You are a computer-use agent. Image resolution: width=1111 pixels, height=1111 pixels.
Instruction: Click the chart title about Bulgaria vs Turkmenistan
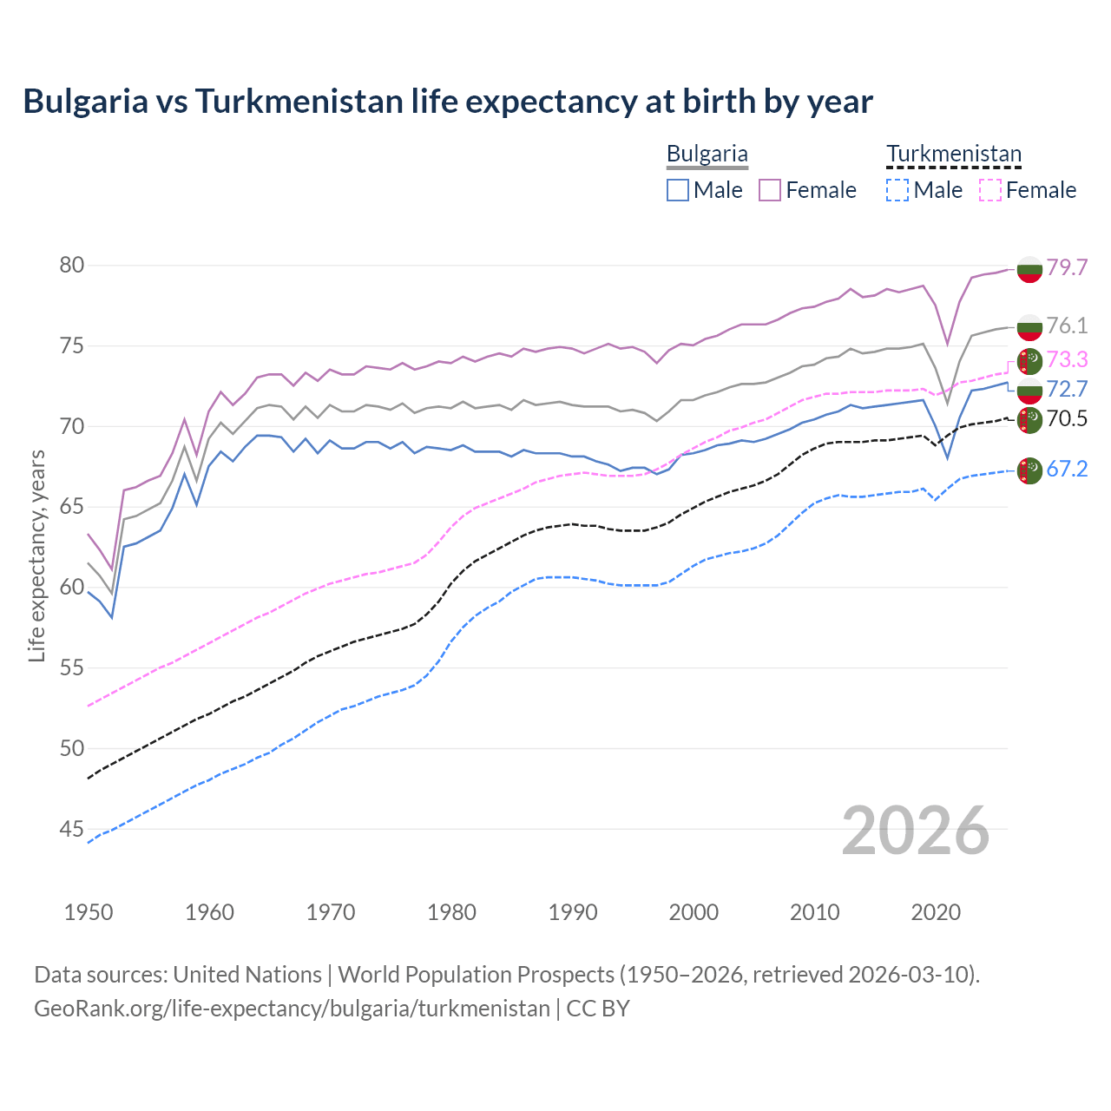pos(448,102)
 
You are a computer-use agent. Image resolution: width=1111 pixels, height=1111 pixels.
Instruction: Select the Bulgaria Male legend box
pos(678,190)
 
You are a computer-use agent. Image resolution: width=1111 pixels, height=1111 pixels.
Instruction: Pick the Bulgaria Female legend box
pos(770,190)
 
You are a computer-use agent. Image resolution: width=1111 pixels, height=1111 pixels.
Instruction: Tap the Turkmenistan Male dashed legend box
pos(897,190)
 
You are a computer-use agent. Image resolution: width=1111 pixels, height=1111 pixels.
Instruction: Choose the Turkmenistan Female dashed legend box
pos(990,190)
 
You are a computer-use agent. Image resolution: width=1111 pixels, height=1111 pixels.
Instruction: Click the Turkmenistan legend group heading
pos(954,154)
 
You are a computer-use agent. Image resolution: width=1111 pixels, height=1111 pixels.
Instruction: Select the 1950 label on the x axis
pos(89,912)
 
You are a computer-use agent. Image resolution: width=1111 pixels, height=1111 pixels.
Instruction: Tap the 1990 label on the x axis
pos(573,912)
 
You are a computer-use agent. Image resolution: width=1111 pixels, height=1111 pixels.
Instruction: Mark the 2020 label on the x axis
pos(936,912)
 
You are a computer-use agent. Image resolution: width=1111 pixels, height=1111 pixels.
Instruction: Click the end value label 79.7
pos(1067,268)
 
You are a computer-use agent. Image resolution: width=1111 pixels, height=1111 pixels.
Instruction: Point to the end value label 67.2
pos(1067,470)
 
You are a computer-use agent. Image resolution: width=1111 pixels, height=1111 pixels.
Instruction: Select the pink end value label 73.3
pos(1067,359)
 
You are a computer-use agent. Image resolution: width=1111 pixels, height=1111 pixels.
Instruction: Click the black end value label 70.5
pos(1067,419)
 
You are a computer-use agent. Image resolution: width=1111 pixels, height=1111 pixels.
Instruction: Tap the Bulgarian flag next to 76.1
pos(1029,327)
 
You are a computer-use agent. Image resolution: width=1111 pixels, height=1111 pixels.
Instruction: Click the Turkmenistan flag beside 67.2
pos(1029,470)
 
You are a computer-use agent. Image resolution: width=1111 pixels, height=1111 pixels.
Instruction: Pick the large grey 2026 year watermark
pos(916,831)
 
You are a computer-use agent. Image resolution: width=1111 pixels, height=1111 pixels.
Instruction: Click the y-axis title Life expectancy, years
pos(36,555)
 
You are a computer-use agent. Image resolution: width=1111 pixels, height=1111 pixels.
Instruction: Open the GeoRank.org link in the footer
pos(292,1009)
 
